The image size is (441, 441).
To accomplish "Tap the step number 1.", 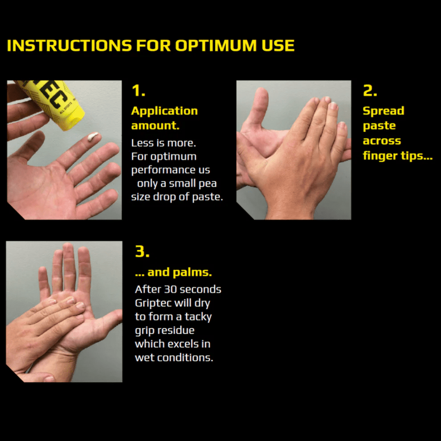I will click(x=138, y=91).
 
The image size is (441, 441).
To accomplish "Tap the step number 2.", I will click(x=370, y=91).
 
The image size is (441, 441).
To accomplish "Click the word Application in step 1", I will click(x=164, y=111).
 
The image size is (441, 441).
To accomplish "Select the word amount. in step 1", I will click(x=155, y=126).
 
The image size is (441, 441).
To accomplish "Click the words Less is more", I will click(x=163, y=143).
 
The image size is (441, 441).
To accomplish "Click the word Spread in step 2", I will click(x=383, y=111).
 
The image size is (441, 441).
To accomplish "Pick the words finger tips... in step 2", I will click(x=398, y=155).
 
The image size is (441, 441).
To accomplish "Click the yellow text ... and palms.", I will click(x=173, y=273).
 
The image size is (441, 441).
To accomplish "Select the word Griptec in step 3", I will click(x=153, y=303).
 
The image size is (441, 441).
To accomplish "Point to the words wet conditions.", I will click(x=174, y=357).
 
